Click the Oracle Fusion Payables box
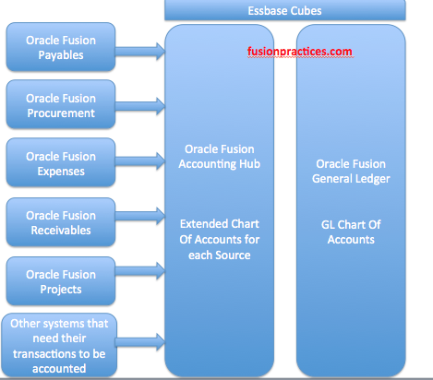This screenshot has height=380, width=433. pos(61,47)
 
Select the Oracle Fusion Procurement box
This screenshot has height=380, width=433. pos(61,104)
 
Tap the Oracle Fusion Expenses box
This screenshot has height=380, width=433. pos(61,162)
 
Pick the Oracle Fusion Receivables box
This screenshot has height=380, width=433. pos(61,222)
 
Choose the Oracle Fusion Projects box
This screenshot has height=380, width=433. pos(61,281)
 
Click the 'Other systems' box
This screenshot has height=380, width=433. pos(59,345)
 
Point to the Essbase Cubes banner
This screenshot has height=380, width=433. pos(285,10)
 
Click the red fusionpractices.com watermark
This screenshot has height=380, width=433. pos(300,52)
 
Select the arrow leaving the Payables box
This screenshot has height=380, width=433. pos(140,51)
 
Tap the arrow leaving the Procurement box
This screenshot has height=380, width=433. pos(140,106)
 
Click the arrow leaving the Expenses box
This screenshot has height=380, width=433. pos(140,160)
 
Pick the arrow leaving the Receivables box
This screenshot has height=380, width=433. pos(140,216)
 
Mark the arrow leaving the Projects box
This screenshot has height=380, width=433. pos(140,271)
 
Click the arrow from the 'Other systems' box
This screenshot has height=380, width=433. pos(140,342)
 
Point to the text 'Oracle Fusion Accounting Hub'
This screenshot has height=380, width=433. pos(220,157)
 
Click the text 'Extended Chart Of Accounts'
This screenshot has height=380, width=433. pos(220,232)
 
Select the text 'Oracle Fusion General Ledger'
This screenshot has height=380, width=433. pos(351,172)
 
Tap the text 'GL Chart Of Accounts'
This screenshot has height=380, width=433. pos(351,232)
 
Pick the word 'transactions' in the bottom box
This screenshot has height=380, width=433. pos(42,354)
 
